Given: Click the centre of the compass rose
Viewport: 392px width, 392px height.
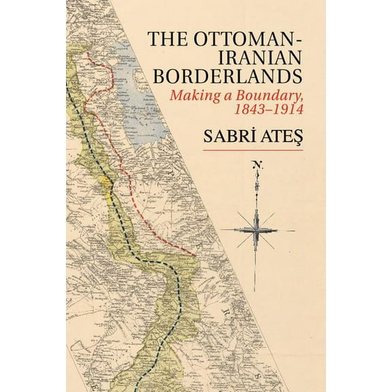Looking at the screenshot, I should tap(256, 229).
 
